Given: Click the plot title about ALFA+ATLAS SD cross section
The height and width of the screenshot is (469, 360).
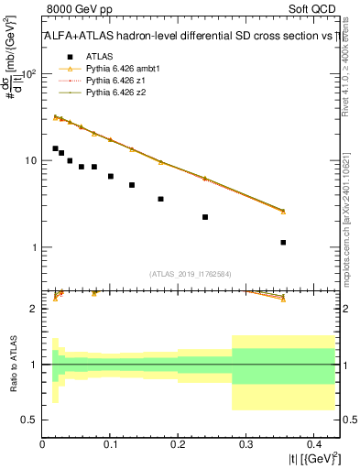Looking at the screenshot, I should click(x=191, y=38).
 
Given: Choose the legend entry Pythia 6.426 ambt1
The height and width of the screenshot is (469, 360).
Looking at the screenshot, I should click(x=124, y=69).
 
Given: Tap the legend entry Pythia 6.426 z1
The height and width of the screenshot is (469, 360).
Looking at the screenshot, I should click(x=117, y=81).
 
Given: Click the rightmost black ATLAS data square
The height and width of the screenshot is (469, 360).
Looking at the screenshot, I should click(x=283, y=243).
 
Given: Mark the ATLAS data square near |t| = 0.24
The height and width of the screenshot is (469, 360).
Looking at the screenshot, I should click(x=205, y=217).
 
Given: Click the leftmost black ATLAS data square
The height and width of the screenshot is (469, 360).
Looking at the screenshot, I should click(x=55, y=148).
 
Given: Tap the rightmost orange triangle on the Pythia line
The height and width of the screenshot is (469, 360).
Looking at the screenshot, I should click(x=283, y=211).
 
